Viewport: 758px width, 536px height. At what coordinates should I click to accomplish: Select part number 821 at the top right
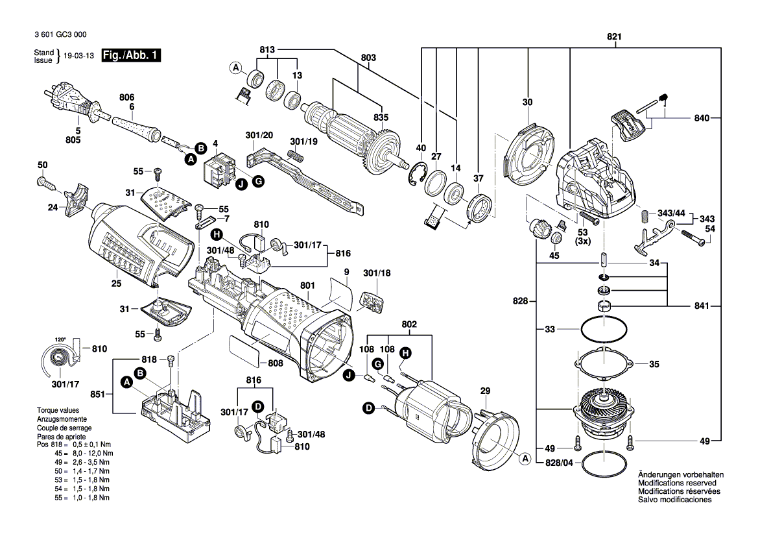pyautogui.click(x=613, y=37)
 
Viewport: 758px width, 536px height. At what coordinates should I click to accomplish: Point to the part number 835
pyautogui.click(x=381, y=117)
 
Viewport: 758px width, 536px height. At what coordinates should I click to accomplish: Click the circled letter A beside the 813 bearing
pyautogui.click(x=236, y=67)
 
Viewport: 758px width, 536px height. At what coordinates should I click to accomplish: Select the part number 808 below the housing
pyautogui.click(x=276, y=363)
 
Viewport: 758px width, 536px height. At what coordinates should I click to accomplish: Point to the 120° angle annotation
pyautogui.click(x=60, y=339)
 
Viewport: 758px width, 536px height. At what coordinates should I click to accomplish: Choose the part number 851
pyautogui.click(x=99, y=393)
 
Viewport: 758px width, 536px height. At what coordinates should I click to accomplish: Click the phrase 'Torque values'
pyautogui.click(x=58, y=411)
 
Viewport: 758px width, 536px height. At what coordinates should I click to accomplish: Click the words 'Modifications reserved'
pyautogui.click(x=677, y=483)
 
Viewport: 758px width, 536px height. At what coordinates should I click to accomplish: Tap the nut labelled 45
pyautogui.click(x=556, y=239)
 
